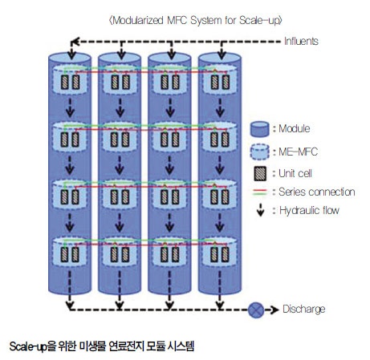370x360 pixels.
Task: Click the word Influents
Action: [301, 41]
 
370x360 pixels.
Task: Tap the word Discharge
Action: [304, 309]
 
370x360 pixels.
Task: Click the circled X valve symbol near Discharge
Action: [256, 310]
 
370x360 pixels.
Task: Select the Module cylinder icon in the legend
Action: [259, 129]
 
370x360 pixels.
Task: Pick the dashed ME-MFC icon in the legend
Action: [259, 152]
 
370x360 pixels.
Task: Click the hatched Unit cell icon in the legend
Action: [259, 173]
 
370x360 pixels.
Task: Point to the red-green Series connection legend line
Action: [259, 192]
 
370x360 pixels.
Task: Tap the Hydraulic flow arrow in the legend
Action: [260, 210]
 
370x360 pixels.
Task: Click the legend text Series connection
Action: [317, 192]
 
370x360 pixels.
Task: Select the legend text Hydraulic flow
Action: [309, 210]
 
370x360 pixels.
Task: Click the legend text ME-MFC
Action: [298, 152]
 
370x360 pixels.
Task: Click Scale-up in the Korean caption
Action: [28, 346]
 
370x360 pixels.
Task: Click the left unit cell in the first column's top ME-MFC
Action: [64, 82]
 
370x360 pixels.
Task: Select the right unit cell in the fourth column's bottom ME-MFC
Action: [225, 254]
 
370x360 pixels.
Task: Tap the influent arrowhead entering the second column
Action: [121, 55]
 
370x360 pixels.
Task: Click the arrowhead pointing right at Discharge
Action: [275, 310]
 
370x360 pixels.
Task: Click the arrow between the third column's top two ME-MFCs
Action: [170, 108]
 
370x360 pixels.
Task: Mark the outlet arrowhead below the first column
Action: [70, 305]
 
